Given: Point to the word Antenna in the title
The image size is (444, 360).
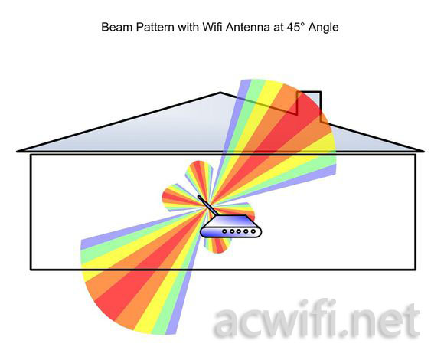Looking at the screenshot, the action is (x=247, y=27).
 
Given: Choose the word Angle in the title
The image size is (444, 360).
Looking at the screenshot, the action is (x=324, y=28).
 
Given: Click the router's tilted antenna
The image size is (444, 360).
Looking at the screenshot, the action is (x=208, y=205).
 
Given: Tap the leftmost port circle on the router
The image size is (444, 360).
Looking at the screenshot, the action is (x=224, y=231).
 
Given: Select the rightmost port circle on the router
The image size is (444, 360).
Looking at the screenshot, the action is (x=253, y=231).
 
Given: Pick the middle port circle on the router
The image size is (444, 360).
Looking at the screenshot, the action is (x=239, y=231).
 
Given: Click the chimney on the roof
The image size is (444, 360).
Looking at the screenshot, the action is (x=309, y=106).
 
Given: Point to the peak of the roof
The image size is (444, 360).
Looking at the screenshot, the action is (x=220, y=93).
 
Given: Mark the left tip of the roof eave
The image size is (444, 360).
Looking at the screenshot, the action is (x=17, y=152).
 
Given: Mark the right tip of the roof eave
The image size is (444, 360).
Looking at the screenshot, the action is (x=423, y=152).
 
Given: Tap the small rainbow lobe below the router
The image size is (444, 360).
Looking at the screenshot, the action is (x=218, y=245).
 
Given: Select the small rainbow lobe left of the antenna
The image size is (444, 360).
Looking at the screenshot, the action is (x=178, y=198).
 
